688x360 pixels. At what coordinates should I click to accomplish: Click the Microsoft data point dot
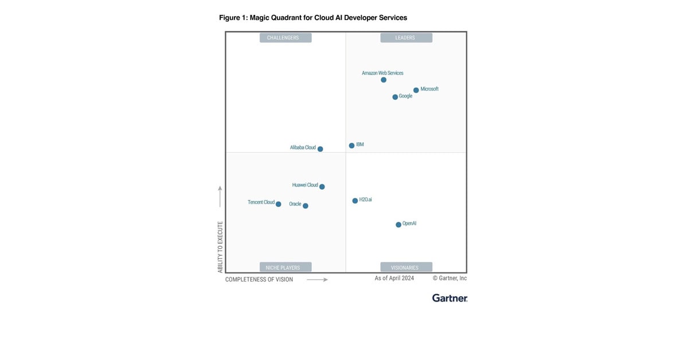pos(416,90)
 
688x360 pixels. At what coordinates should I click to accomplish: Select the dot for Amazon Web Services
pos(384,80)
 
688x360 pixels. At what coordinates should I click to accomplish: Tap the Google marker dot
pos(395,97)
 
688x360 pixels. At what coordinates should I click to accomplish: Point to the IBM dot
pos(351,146)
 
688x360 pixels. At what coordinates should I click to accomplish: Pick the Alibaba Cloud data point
pos(320,149)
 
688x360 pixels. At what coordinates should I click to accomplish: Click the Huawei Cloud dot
pos(322,186)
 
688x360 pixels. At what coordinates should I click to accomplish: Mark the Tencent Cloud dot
pos(279,204)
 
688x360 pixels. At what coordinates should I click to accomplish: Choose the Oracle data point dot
pos(306,206)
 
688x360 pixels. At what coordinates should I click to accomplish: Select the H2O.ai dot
pos(355,201)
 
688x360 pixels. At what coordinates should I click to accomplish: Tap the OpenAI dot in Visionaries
pos(398,225)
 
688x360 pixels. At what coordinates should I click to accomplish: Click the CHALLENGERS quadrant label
pos(286,38)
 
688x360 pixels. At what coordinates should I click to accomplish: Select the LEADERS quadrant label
pos(406,38)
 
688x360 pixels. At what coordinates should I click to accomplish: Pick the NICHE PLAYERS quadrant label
pos(286,267)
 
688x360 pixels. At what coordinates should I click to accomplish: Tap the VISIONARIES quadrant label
pos(406,267)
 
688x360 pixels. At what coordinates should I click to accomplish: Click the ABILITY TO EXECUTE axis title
pos(220,247)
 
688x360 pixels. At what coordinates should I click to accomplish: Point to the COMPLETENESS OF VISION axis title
pos(259,280)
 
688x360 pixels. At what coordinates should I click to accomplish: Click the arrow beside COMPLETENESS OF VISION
pos(317,280)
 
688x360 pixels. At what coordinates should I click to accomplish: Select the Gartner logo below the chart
pos(449,298)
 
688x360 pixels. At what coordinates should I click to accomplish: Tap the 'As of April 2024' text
pos(394,278)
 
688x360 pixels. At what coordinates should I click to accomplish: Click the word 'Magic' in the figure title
pos(260,18)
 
